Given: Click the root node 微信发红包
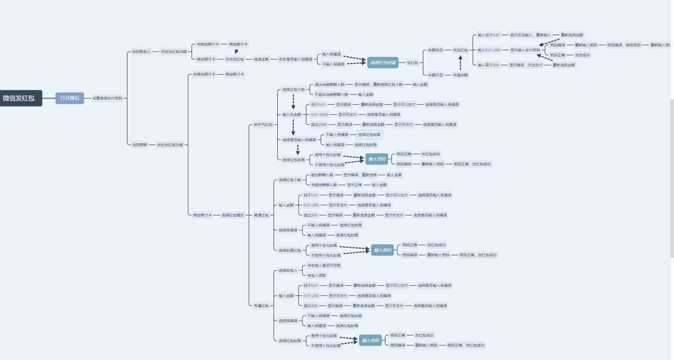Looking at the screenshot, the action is (19, 98).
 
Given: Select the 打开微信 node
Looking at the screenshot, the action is (70, 98).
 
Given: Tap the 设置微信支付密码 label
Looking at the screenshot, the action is (107, 98).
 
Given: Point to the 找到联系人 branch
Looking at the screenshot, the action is (142, 51).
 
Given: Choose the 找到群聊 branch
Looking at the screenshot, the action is (140, 144).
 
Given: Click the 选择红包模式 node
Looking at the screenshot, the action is (233, 215).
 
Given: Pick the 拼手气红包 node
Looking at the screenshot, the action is (263, 125).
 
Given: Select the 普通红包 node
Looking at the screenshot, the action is (261, 215).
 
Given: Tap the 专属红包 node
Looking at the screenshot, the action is (261, 305).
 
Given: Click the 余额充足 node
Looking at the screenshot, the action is (436, 50).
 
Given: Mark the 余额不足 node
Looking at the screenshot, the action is (436, 75).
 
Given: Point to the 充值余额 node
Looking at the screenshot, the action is (460, 75).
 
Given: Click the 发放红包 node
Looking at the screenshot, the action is (461, 50).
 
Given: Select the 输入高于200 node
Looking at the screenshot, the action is (488, 65).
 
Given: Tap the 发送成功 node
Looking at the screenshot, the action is (582, 55).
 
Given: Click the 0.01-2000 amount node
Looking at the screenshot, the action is (319, 115).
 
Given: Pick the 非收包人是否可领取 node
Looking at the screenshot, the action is (324, 265).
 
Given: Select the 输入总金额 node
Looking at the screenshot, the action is (292, 115).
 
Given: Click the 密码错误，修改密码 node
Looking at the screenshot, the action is (624, 45).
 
